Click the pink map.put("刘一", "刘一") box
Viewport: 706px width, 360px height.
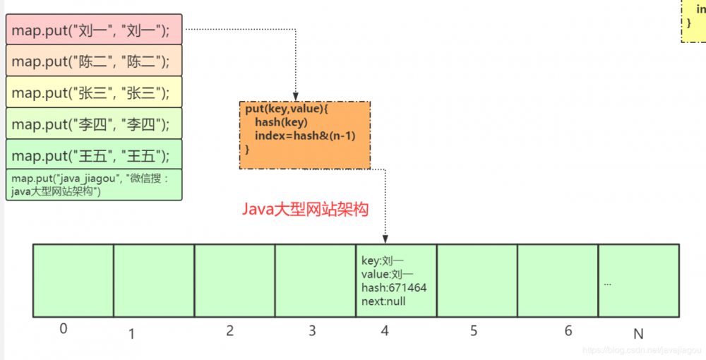pyautogui.click(x=93, y=30)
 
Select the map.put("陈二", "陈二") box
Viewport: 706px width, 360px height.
pyautogui.click(x=93, y=61)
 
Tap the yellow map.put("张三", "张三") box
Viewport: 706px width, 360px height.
pyautogui.click(x=93, y=92)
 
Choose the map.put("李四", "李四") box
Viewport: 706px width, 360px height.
pyautogui.click(x=93, y=124)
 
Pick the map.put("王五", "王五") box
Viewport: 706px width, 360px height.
pyautogui.click(x=93, y=155)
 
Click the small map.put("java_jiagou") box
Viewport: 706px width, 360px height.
pyautogui.click(x=93, y=184)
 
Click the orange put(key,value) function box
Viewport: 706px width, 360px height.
pyautogui.click(x=304, y=135)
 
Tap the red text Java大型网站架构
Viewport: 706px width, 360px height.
pyautogui.click(x=305, y=210)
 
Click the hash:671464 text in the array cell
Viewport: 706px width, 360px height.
pyautogui.click(x=394, y=288)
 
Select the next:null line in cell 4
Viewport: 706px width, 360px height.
pyautogui.click(x=383, y=301)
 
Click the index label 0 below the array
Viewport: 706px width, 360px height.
pyautogui.click(x=64, y=329)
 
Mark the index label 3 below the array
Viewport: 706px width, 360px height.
pyautogui.click(x=312, y=331)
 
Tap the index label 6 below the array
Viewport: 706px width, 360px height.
pyautogui.click(x=568, y=331)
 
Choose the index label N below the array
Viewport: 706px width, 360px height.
pyautogui.click(x=638, y=332)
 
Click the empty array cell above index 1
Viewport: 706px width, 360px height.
pyautogui.click(x=154, y=280)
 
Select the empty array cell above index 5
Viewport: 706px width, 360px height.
pyautogui.click(x=477, y=280)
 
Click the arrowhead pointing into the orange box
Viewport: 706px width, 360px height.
pyautogui.click(x=296, y=96)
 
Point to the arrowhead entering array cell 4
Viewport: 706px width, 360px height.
pyautogui.click(x=385, y=239)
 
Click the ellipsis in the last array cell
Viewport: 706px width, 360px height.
pyautogui.click(x=608, y=283)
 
